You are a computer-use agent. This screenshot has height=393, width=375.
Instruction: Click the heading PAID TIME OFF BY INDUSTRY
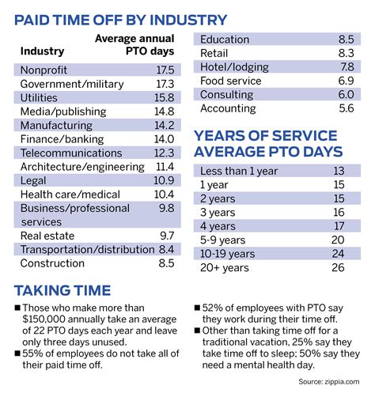(120, 20)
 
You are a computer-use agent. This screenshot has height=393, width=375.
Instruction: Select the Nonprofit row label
(44, 70)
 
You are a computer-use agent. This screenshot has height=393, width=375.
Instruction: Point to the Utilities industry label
(40, 96)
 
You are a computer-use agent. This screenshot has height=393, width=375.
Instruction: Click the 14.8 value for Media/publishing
(165, 111)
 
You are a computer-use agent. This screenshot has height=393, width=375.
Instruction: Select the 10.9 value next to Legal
(165, 180)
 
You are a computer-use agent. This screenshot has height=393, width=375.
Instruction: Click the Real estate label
(47, 236)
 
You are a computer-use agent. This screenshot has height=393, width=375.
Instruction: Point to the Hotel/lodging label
(234, 66)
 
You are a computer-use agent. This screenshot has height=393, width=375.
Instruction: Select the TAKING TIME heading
(67, 289)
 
